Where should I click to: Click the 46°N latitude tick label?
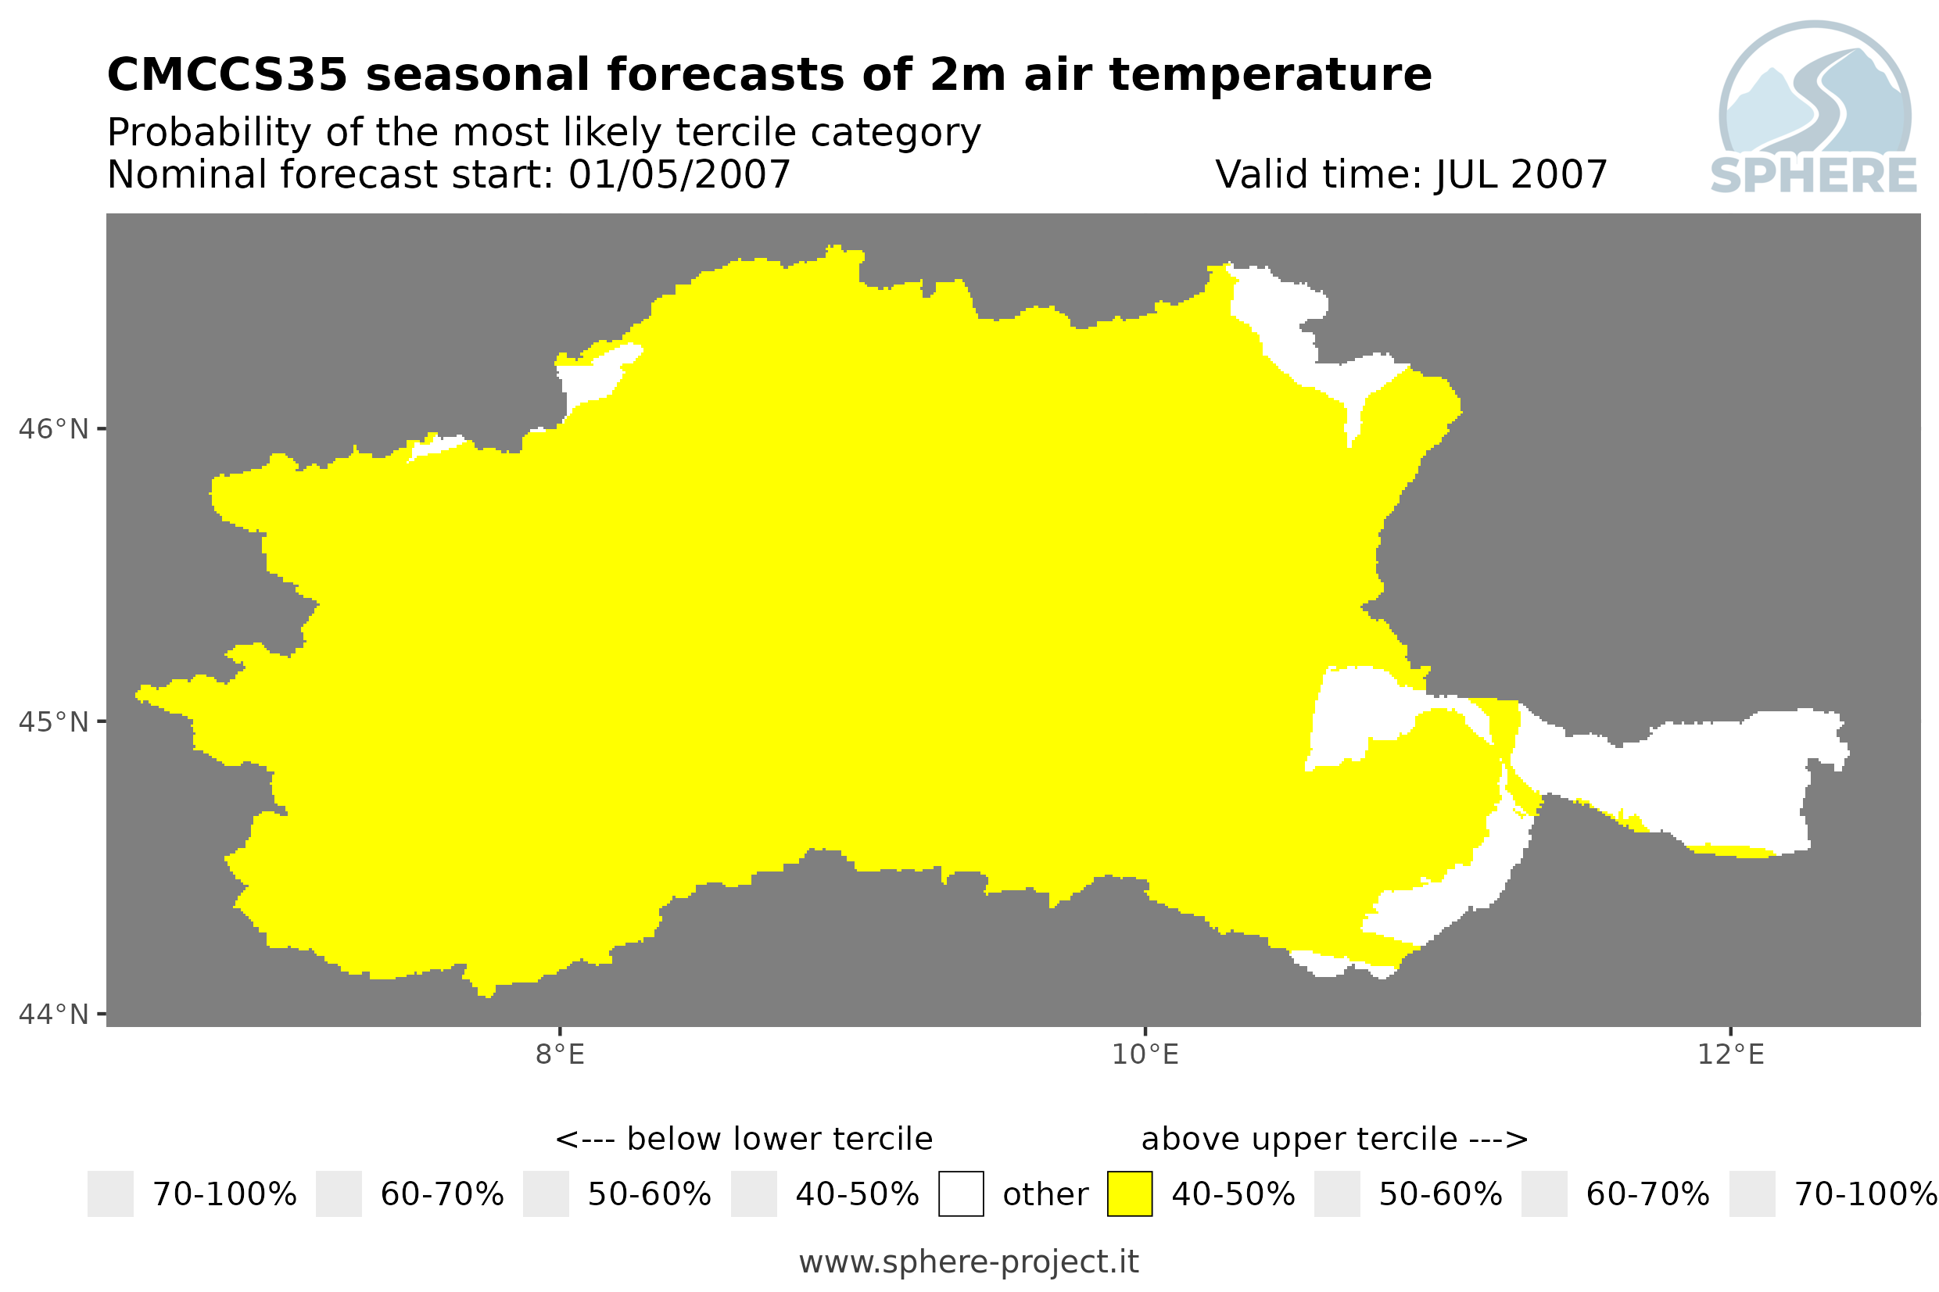52,429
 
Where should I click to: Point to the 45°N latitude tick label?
52,721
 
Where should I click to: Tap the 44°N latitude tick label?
52,1015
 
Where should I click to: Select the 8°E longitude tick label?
560,1054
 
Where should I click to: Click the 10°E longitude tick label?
1145,1054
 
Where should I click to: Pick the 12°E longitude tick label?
1729,1054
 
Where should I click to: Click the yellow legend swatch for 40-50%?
1129,1194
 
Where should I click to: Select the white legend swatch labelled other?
961,1194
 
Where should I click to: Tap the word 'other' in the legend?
1045,1195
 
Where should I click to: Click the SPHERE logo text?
1813,176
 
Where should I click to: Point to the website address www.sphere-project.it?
968,1262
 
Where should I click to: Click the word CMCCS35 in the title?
228,75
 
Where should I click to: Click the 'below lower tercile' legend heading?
780,1140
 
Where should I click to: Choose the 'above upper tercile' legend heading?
1299,1140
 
